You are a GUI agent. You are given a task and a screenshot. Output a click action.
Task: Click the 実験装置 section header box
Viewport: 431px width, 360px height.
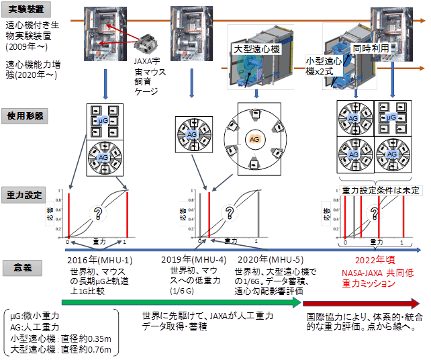point(23,9)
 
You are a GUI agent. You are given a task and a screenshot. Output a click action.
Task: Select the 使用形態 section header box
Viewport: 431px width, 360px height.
point(24,116)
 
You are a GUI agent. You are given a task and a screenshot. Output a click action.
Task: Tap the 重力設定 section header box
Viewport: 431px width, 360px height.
point(24,195)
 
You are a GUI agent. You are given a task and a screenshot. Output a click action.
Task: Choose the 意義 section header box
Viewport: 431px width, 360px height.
point(24,268)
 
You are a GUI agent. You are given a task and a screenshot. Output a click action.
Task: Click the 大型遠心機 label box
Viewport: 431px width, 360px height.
point(256,49)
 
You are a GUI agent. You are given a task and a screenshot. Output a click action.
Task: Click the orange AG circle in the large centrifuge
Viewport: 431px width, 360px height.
point(254,140)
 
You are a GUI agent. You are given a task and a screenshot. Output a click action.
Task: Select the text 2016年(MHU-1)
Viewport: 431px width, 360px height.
point(99,260)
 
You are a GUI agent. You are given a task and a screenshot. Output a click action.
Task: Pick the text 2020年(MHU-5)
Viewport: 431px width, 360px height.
point(269,260)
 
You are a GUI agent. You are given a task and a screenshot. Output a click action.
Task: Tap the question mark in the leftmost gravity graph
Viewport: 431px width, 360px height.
point(98,214)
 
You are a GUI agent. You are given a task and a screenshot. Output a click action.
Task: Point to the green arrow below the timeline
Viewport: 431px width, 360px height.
point(168,302)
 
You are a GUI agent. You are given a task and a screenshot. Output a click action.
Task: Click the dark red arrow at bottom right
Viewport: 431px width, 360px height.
point(363,302)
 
